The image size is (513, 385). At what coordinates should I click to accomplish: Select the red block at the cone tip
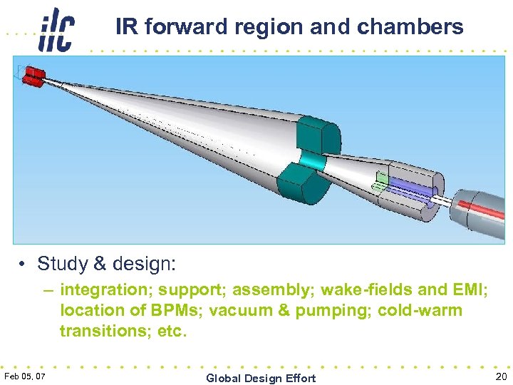pos(33,74)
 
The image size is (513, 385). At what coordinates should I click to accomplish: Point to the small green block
pos(383,178)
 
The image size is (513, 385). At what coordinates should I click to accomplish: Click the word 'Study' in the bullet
pos(62,264)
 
